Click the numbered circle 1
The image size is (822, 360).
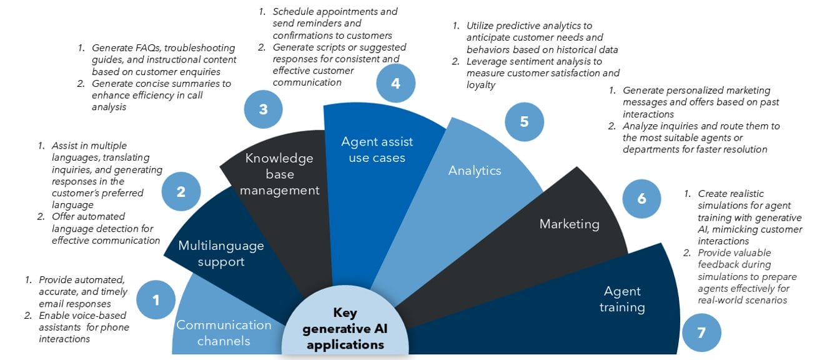point(156,301)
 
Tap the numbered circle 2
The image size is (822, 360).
point(181,191)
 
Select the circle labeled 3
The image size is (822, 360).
point(263,109)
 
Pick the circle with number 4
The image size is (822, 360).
point(395,82)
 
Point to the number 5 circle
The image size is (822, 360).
point(524,121)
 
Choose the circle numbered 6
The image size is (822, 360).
point(641,199)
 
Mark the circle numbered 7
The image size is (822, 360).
point(701,332)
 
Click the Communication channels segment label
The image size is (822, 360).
point(224,332)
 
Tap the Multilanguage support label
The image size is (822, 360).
point(221,253)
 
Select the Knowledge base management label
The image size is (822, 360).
point(279,174)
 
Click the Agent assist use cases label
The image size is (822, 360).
point(377,149)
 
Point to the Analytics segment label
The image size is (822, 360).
point(475,170)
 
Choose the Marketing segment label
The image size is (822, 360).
point(569,223)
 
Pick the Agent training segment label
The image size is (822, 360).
point(622,299)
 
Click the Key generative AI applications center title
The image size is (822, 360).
point(345,328)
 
